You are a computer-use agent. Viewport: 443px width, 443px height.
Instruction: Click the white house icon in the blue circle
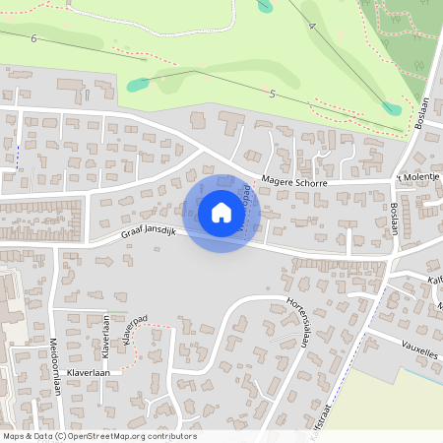(221, 213)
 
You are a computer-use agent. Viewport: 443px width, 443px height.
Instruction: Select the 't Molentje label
(418, 176)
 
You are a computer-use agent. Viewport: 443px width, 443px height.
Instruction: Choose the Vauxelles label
(421, 348)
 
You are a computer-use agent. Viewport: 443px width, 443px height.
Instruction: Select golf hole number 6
(34, 38)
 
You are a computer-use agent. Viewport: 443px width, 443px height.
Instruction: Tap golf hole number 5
(272, 92)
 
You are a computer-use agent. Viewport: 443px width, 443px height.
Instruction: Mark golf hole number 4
(312, 27)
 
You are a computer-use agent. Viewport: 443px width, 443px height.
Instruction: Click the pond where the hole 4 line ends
(265, 6)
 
